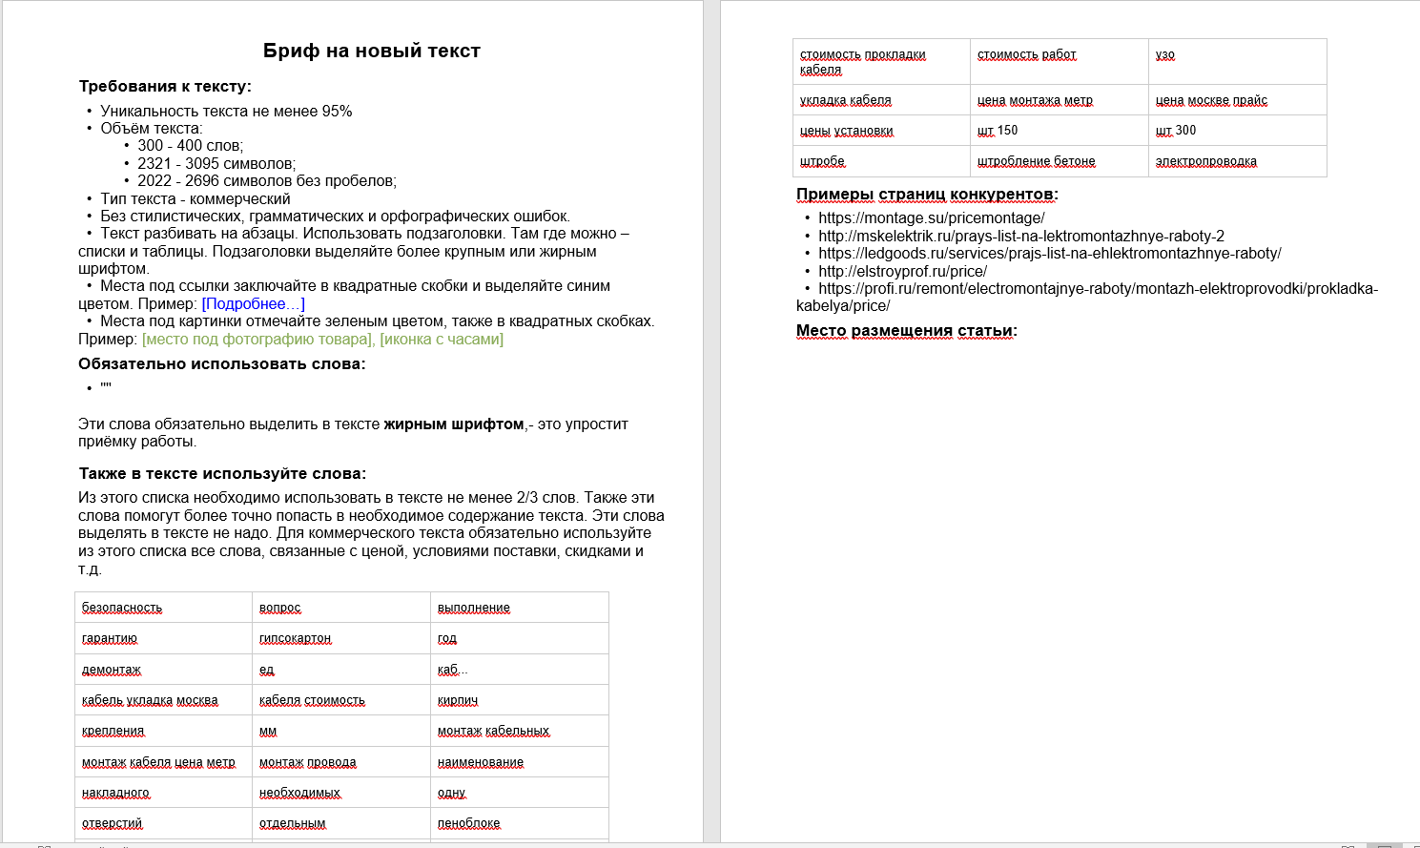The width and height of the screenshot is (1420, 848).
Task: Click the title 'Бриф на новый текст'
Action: pyautogui.click(x=372, y=52)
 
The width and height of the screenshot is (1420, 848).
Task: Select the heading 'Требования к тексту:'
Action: pyautogui.click(x=165, y=87)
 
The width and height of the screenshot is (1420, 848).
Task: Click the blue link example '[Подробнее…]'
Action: pyautogui.click(x=254, y=304)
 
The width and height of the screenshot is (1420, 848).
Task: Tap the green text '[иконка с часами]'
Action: pyautogui.click(x=442, y=340)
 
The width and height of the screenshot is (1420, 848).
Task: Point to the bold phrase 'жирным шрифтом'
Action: pyautogui.click(x=454, y=424)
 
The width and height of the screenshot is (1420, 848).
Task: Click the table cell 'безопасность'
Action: pyautogui.click(x=122, y=608)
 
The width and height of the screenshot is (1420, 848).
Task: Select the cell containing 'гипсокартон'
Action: pyautogui.click(x=295, y=638)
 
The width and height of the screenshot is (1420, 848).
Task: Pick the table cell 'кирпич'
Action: pyautogui.click(x=458, y=700)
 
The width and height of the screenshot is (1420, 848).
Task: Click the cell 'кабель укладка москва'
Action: pyautogui.click(x=150, y=700)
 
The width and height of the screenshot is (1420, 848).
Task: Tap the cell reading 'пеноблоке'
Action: pyautogui.click(x=468, y=823)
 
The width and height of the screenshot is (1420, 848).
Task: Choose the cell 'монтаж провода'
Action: pyautogui.click(x=307, y=762)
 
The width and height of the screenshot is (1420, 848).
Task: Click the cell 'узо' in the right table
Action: pyautogui.click(x=1165, y=54)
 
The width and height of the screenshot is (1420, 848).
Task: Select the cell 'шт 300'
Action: pyautogui.click(x=1176, y=131)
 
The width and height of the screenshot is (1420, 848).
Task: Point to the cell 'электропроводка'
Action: pyautogui.click(x=1206, y=161)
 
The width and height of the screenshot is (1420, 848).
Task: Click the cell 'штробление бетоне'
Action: pyautogui.click(x=1037, y=161)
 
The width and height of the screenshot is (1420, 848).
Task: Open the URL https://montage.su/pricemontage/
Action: pyautogui.click(x=931, y=218)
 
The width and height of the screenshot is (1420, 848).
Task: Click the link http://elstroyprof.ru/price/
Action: pyautogui.click(x=902, y=272)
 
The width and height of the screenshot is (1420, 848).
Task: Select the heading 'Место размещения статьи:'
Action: pyautogui.click(x=906, y=331)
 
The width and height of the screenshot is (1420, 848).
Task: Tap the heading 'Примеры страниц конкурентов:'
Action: pyautogui.click(x=927, y=195)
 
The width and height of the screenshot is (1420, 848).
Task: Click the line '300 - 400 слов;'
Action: pyautogui.click(x=190, y=146)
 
